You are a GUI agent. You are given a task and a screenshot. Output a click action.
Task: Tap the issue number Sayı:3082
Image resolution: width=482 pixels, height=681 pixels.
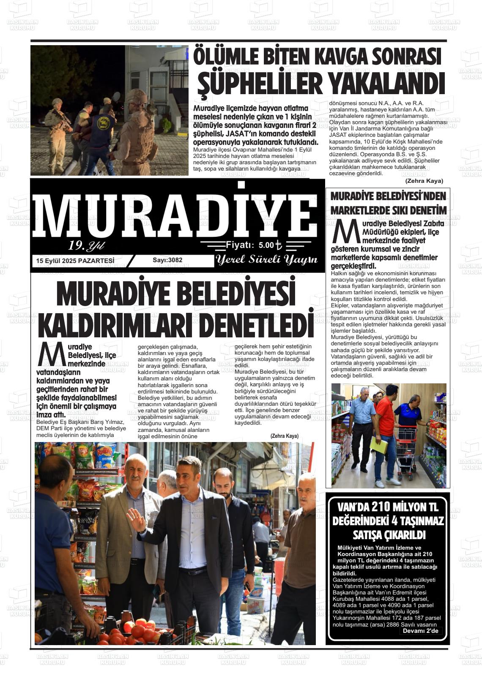tap(167, 260)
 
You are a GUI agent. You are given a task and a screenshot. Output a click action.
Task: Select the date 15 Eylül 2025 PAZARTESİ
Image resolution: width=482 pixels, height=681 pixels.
tap(75, 261)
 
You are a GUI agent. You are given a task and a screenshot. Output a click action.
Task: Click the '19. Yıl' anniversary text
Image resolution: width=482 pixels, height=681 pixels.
tap(86, 246)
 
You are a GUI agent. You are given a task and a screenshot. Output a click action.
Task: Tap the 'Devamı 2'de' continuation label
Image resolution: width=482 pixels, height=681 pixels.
tap(420, 631)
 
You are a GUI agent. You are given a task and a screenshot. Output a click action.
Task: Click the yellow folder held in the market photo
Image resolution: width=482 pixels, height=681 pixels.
tap(378, 446)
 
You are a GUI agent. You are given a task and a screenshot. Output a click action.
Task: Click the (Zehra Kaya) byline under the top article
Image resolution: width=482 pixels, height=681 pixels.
tap(424, 181)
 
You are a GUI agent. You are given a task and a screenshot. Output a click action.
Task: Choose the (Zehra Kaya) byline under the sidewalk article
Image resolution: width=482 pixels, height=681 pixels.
tap(284, 436)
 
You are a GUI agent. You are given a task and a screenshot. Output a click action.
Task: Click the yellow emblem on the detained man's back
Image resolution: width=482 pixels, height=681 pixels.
tap(103, 123)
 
